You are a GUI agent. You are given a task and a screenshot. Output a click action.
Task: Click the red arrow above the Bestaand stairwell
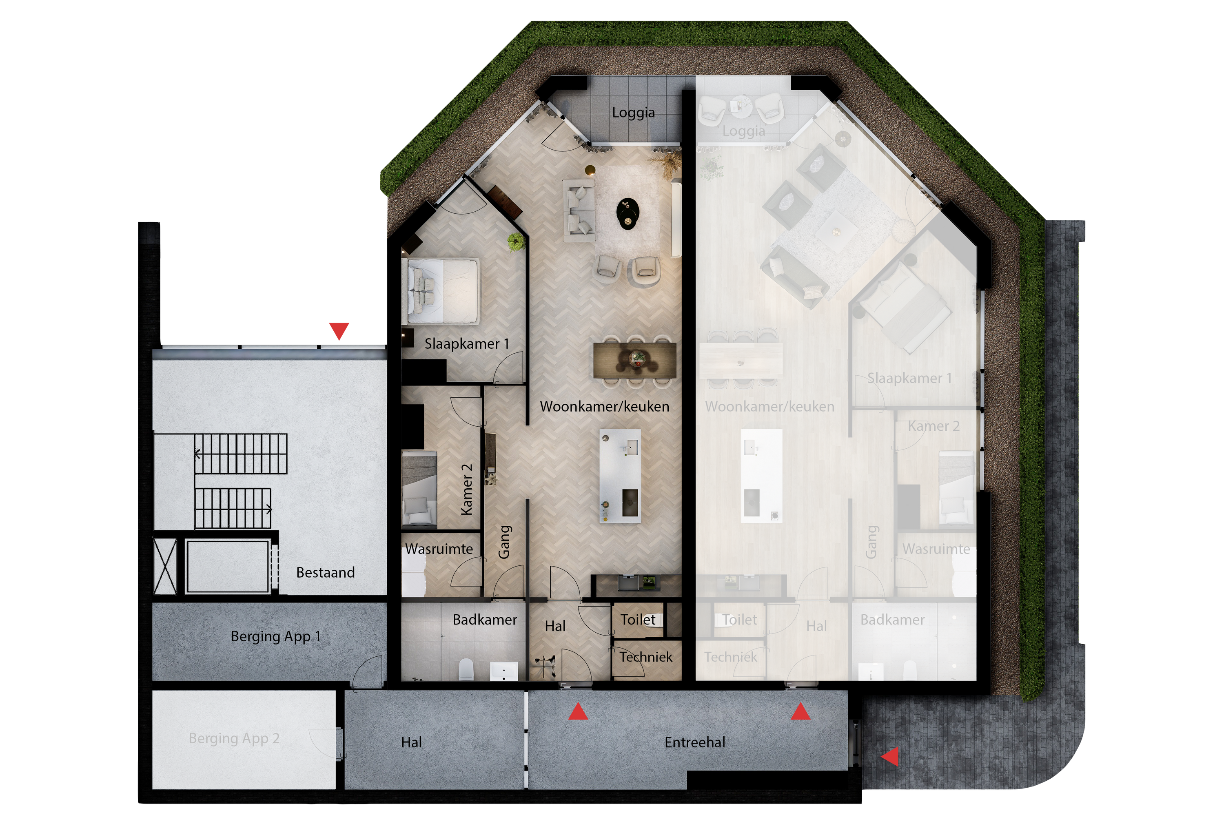coord(339,330)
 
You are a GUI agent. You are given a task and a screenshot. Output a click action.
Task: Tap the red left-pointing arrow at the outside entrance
coord(891,756)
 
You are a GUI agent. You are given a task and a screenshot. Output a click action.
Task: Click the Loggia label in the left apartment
coord(633,112)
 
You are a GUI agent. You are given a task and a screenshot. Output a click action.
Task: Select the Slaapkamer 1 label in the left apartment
coord(466,343)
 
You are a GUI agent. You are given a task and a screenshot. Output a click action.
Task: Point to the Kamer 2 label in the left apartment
coord(467,489)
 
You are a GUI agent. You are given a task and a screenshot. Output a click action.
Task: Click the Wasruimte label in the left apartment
coord(439,549)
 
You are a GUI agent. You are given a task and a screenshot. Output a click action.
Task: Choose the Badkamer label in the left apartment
coord(484,620)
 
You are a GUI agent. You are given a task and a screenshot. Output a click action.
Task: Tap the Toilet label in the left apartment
coord(638,620)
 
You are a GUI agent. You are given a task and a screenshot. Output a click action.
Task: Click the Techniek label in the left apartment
coord(645,657)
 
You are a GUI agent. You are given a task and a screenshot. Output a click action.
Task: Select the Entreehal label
coord(695,742)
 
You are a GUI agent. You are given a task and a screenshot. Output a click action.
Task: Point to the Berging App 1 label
coord(275,636)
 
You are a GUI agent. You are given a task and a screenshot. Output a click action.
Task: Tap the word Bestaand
coord(325,572)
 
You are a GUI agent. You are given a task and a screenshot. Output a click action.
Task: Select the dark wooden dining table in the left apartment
coord(634,360)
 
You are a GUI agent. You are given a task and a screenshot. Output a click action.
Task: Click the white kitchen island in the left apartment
coord(620,476)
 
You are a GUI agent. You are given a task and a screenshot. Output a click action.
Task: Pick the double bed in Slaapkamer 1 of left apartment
coord(443,291)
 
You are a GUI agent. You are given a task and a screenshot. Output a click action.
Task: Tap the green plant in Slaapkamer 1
coord(516,241)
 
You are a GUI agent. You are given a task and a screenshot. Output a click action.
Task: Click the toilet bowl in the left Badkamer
coord(466,669)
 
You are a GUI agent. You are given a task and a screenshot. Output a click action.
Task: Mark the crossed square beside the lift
coord(165,566)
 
